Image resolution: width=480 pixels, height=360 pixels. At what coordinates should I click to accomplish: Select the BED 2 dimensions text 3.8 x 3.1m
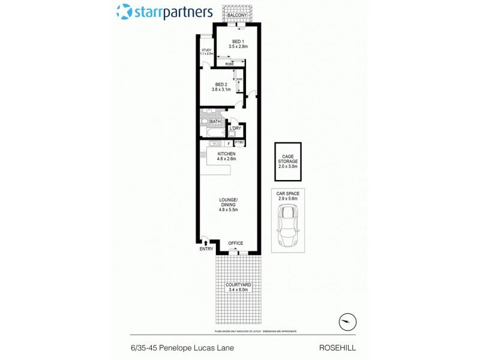pyautogui.click(x=221, y=89)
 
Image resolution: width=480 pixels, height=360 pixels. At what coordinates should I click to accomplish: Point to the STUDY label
pyautogui.click(x=206, y=50)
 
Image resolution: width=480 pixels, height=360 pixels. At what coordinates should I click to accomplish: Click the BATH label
pyautogui.click(x=215, y=122)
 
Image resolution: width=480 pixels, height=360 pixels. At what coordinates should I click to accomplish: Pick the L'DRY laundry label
pyautogui.click(x=235, y=128)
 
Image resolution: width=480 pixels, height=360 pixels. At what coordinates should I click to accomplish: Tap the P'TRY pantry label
pyautogui.click(x=239, y=142)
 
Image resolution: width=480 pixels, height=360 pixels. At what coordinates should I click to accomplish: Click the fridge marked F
pyautogui.click(x=229, y=143)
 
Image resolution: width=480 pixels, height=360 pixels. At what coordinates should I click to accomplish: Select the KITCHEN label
pyautogui.click(x=226, y=154)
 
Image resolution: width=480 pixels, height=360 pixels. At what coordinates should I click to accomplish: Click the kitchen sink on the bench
pyautogui.click(x=214, y=143)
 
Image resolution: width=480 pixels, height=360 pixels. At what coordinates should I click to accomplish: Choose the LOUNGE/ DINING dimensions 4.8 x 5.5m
pyautogui.click(x=228, y=210)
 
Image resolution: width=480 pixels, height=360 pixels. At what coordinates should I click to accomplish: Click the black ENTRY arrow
pyautogui.click(x=206, y=241)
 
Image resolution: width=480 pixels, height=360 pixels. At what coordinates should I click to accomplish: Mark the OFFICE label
pyautogui.click(x=235, y=243)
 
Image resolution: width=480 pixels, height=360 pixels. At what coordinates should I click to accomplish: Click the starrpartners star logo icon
pyautogui.click(x=124, y=11)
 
